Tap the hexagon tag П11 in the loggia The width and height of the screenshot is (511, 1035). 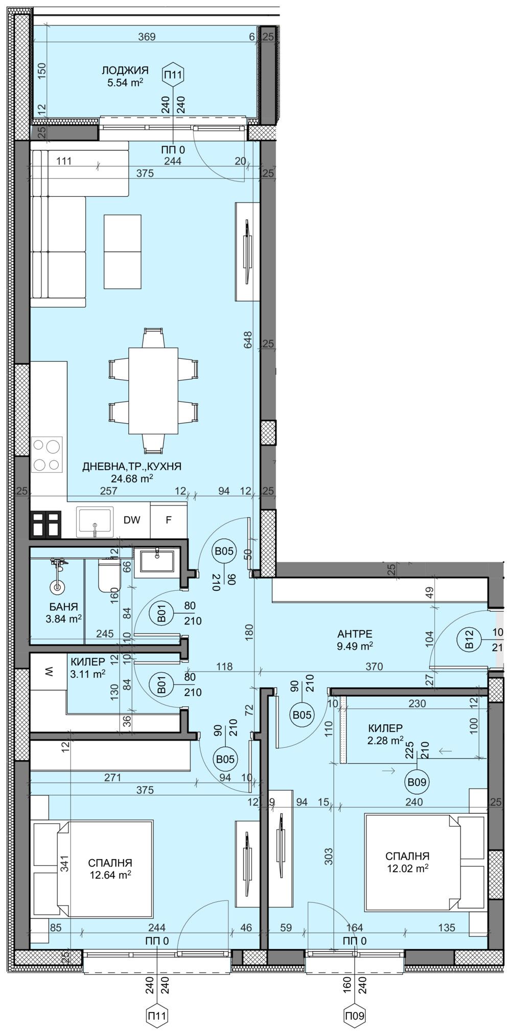point(173,75)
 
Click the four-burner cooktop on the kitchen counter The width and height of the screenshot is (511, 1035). point(47,454)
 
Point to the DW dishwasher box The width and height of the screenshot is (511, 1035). point(132,520)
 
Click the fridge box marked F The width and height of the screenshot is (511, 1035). point(168,520)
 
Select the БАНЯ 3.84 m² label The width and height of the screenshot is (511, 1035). point(63,612)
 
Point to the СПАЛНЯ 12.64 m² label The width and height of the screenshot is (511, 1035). point(109,867)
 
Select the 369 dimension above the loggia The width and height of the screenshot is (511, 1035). point(147,37)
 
